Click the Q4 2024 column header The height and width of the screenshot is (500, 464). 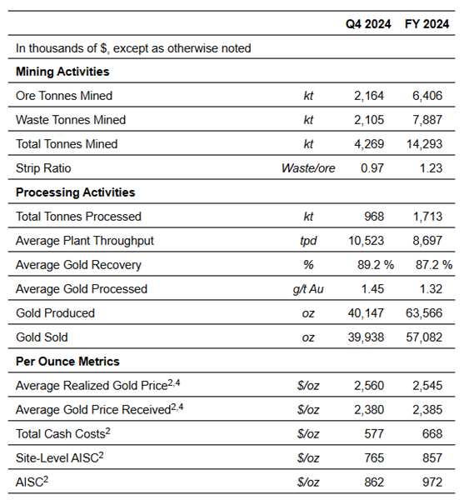click(368, 24)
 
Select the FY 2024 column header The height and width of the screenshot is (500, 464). click(427, 24)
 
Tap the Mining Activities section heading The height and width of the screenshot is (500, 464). click(62, 72)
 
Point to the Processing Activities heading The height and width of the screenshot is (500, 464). click(76, 192)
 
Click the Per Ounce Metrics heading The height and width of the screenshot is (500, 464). click(67, 362)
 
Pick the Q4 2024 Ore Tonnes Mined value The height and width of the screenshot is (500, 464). click(369, 96)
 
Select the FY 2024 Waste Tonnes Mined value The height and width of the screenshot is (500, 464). click(427, 120)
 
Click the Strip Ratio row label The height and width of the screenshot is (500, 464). click(43, 168)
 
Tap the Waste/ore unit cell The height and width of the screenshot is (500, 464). click(308, 168)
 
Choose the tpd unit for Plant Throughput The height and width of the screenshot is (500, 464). click(308, 241)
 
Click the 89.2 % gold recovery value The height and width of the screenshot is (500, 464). click(376, 265)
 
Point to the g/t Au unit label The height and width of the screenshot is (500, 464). click(308, 289)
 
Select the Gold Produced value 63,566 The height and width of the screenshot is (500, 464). click(424, 313)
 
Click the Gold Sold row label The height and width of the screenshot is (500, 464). click(42, 337)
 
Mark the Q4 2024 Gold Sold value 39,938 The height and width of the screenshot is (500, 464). click(366, 337)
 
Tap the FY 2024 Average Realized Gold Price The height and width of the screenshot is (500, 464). click(427, 386)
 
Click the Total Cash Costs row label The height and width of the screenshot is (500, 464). click(63, 433)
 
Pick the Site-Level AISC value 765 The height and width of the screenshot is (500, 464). click(374, 458)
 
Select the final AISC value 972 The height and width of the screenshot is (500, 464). click(432, 482)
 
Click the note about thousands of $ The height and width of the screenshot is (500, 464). click(133, 48)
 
